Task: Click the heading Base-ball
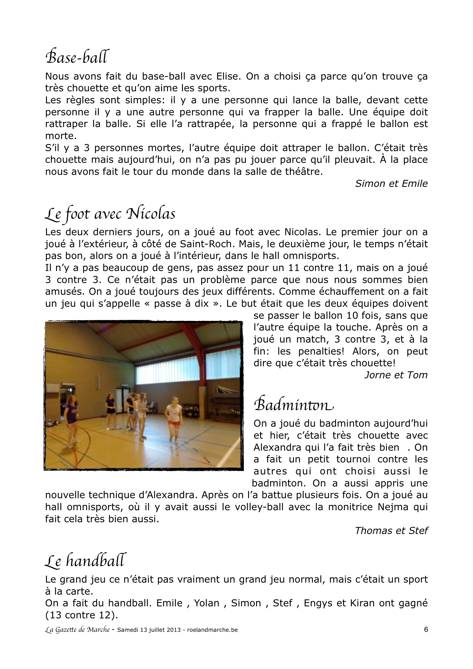[x=78, y=57]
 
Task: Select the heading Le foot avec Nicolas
[x=110, y=214]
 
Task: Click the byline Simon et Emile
[x=391, y=184]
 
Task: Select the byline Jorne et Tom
[x=396, y=375]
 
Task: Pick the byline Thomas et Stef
[x=391, y=531]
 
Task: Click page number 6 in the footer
[x=426, y=630]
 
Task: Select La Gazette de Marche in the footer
[x=77, y=630]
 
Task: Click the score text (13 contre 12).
[x=82, y=615]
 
